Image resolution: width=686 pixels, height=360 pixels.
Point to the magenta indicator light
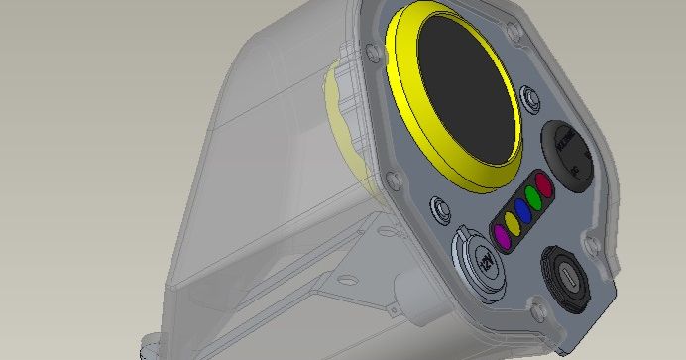[x=503, y=236]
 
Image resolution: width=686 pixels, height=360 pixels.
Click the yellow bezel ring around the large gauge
[x=401, y=60]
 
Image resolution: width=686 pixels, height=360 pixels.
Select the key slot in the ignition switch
[x=565, y=274]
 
